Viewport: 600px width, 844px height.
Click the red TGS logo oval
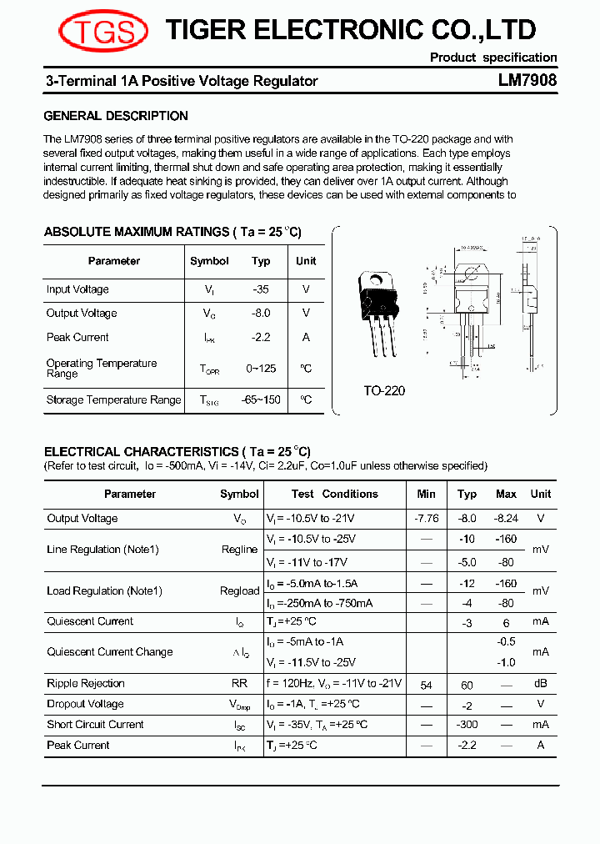[103, 33]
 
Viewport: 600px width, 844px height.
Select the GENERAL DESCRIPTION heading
[116, 116]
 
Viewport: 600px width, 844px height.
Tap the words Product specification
[493, 58]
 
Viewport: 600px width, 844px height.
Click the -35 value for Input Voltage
[261, 289]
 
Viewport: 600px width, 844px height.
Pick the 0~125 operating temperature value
[261, 369]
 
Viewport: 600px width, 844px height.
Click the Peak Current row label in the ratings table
[77, 338]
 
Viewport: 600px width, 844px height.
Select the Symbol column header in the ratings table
[209, 261]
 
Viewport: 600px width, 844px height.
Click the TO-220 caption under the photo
[384, 390]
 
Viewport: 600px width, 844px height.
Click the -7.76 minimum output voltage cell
[426, 519]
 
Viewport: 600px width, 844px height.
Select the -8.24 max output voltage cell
[506, 519]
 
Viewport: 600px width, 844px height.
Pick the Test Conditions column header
[335, 494]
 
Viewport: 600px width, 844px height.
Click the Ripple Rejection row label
[86, 684]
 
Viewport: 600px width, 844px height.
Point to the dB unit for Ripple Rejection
[541, 684]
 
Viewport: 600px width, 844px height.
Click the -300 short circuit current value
[467, 725]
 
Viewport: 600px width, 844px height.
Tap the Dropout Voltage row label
[85, 705]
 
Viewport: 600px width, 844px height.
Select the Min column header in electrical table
[426, 494]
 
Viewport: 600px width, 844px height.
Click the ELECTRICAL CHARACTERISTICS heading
[177, 451]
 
